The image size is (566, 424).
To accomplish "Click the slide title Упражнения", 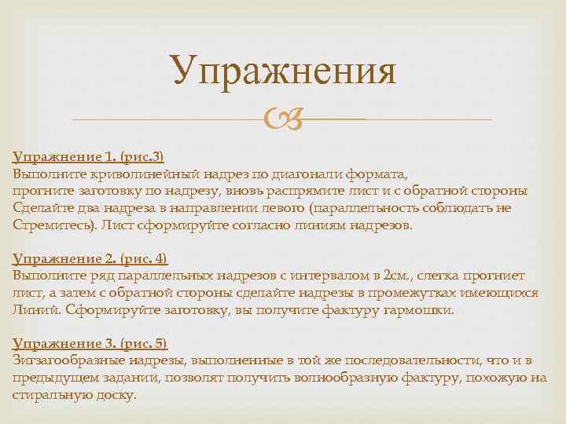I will (284, 71).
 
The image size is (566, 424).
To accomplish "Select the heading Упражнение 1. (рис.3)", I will (88, 155).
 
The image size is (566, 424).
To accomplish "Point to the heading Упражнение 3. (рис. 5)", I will (90, 343).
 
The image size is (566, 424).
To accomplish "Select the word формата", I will (385, 173).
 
